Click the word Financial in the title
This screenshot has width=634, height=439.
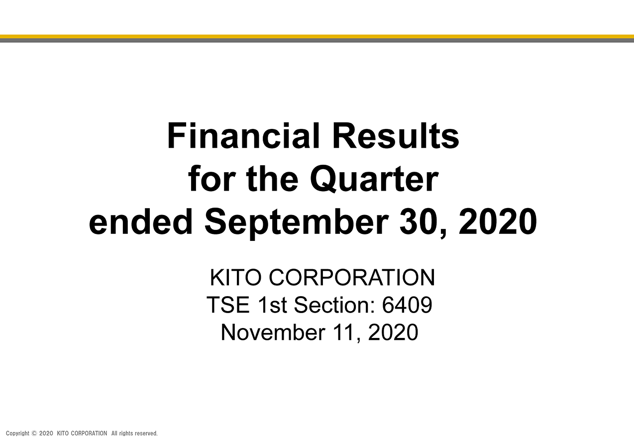243,135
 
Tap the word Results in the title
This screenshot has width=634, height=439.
396,135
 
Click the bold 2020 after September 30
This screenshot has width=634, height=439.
498,221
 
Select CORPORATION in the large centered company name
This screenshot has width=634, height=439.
352,277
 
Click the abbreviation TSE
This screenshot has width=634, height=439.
228,305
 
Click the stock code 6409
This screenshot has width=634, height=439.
407,305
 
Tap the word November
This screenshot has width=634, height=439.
273,332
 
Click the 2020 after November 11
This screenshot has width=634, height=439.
393,332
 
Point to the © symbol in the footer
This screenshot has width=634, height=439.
34,433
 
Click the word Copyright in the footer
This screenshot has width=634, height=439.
17,434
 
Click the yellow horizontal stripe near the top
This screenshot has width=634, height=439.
317,36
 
